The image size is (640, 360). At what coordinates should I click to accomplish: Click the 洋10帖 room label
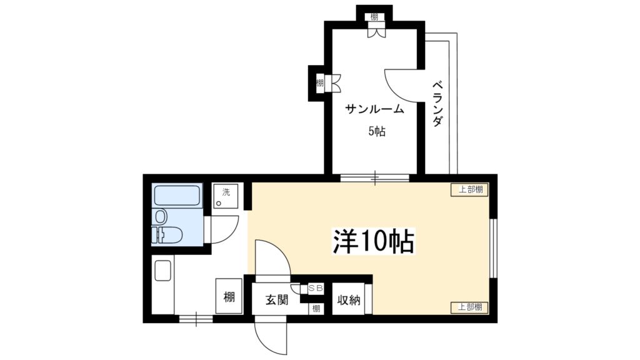[373, 241]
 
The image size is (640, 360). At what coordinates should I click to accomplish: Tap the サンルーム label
[374, 109]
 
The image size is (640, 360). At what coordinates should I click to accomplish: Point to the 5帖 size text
[377, 131]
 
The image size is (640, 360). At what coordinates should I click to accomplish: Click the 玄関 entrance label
[277, 300]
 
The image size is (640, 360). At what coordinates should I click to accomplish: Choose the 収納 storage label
[349, 300]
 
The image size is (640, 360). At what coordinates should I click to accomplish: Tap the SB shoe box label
[315, 288]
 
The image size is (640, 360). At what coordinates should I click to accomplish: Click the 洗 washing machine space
[225, 196]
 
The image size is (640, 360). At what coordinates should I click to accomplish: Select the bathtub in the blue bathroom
[177, 196]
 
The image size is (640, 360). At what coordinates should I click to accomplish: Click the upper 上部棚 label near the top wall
[470, 190]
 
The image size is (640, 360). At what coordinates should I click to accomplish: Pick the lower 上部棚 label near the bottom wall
[470, 307]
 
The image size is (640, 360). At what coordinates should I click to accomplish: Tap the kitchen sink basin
[162, 270]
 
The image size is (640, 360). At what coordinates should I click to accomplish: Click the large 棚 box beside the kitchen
[229, 296]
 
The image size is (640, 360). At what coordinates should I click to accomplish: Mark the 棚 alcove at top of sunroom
[374, 17]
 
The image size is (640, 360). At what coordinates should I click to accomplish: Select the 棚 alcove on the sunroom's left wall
[320, 83]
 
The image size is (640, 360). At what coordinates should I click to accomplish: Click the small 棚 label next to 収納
[316, 309]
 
